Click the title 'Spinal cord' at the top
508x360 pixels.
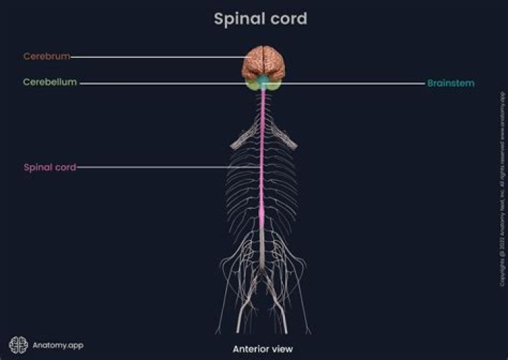click(x=260, y=18)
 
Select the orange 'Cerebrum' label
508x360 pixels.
click(x=46, y=56)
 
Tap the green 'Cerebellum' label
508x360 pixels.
click(x=49, y=83)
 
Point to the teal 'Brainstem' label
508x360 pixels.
click(x=450, y=83)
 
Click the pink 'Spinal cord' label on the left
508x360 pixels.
click(x=49, y=167)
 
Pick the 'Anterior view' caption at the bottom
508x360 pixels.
click(x=262, y=349)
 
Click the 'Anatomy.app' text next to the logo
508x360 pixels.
click(x=58, y=345)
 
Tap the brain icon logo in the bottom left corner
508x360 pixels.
click(x=18, y=344)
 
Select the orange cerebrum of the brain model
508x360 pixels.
click(x=263, y=61)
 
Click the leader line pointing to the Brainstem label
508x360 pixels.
click(x=353, y=83)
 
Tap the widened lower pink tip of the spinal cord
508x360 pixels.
click(x=263, y=212)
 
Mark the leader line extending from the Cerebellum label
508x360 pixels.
click(x=162, y=83)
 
